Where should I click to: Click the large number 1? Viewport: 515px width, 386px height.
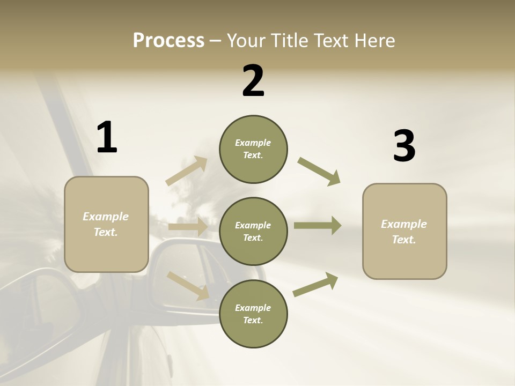pyautogui.click(x=107, y=137)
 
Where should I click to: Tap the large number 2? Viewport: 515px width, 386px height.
pyautogui.click(x=253, y=81)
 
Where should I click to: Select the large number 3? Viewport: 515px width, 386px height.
pyautogui.click(x=404, y=146)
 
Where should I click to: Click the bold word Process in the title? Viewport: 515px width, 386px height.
pyautogui.click(x=168, y=40)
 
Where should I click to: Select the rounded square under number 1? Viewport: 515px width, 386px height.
pyautogui.click(x=106, y=224)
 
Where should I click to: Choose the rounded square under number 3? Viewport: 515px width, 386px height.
pyautogui.click(x=404, y=232)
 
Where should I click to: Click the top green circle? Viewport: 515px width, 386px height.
pyautogui.click(x=253, y=149)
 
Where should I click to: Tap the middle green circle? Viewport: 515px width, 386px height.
pyautogui.click(x=253, y=232)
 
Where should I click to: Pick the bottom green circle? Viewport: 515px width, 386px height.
pyautogui.click(x=253, y=314)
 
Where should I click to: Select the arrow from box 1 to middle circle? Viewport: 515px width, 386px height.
pyautogui.click(x=188, y=227)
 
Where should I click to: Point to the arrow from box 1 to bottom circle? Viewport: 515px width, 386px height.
pyautogui.click(x=188, y=285)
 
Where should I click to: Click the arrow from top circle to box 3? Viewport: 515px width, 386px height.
pyautogui.click(x=319, y=171)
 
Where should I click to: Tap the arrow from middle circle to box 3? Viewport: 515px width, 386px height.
pyautogui.click(x=318, y=226)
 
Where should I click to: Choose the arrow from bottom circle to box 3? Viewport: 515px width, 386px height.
pyautogui.click(x=315, y=285)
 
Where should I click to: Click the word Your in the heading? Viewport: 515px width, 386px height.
pyautogui.click(x=245, y=40)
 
